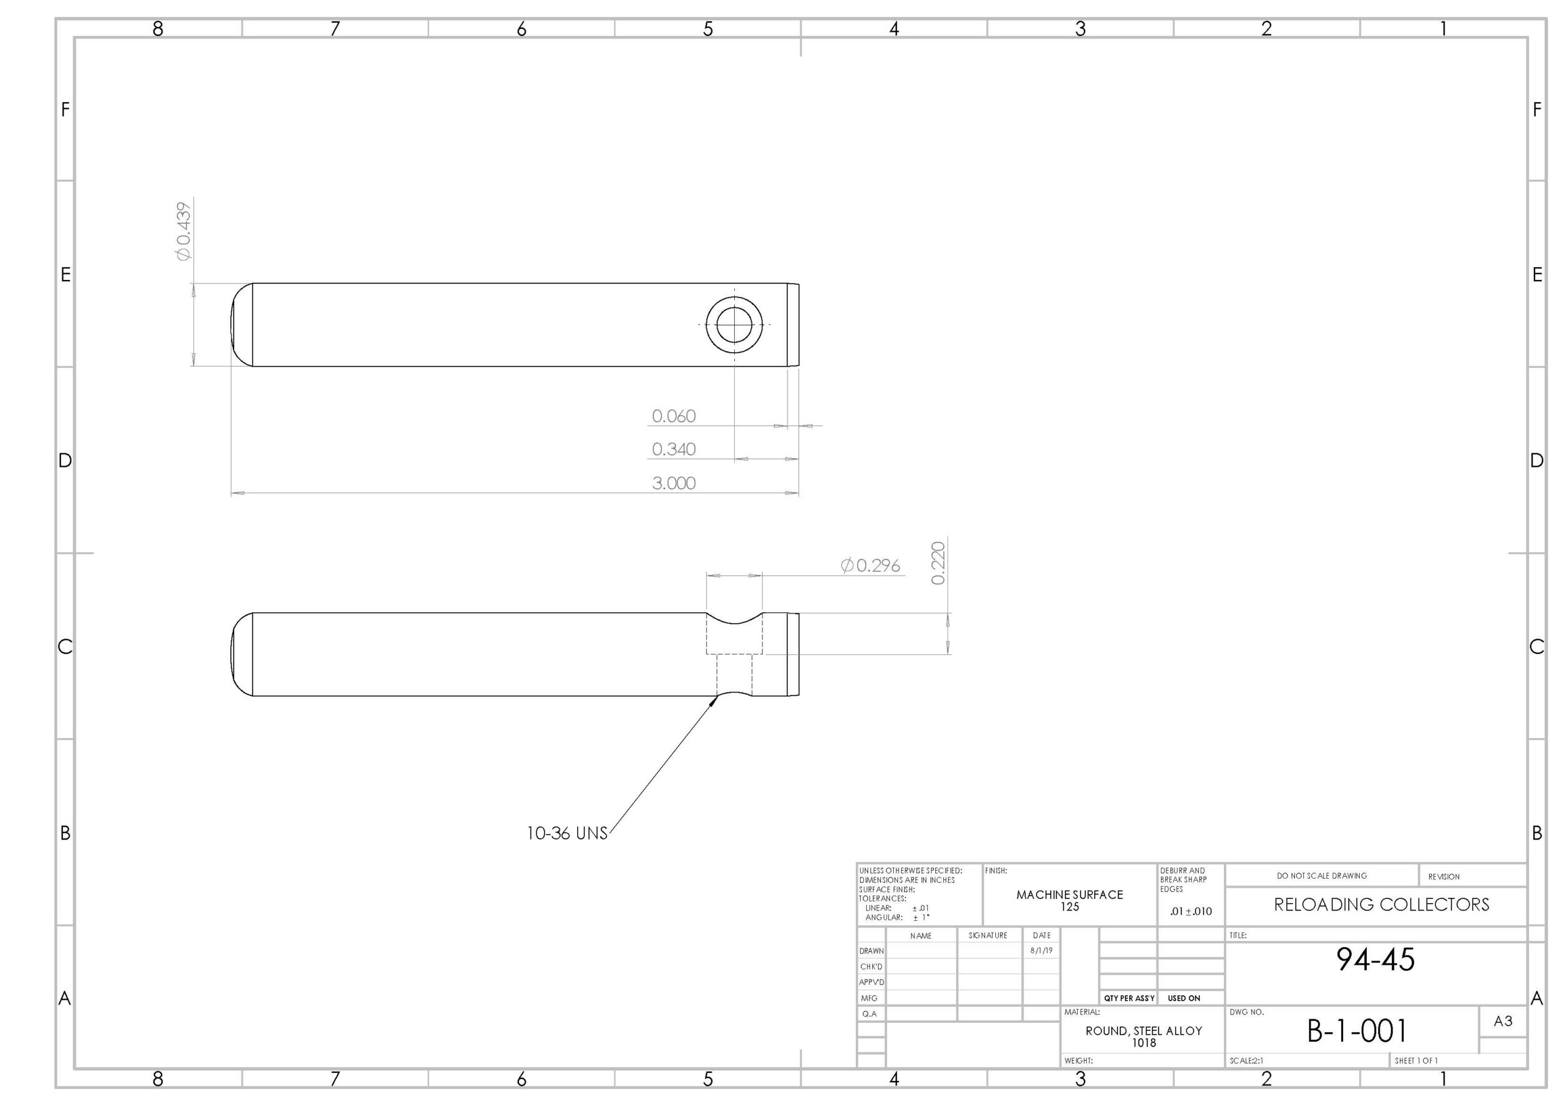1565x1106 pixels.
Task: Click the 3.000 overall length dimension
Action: (x=674, y=483)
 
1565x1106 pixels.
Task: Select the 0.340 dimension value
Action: (x=674, y=449)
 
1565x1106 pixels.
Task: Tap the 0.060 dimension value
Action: (x=674, y=416)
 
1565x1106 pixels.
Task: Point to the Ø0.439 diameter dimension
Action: (x=183, y=231)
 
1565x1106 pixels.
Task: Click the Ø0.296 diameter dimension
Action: (x=871, y=566)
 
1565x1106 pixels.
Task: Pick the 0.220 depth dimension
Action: (x=938, y=563)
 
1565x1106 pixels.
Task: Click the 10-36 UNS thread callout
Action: (x=567, y=833)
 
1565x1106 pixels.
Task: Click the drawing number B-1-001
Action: (x=1357, y=1031)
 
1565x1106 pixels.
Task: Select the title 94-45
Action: (x=1375, y=959)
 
